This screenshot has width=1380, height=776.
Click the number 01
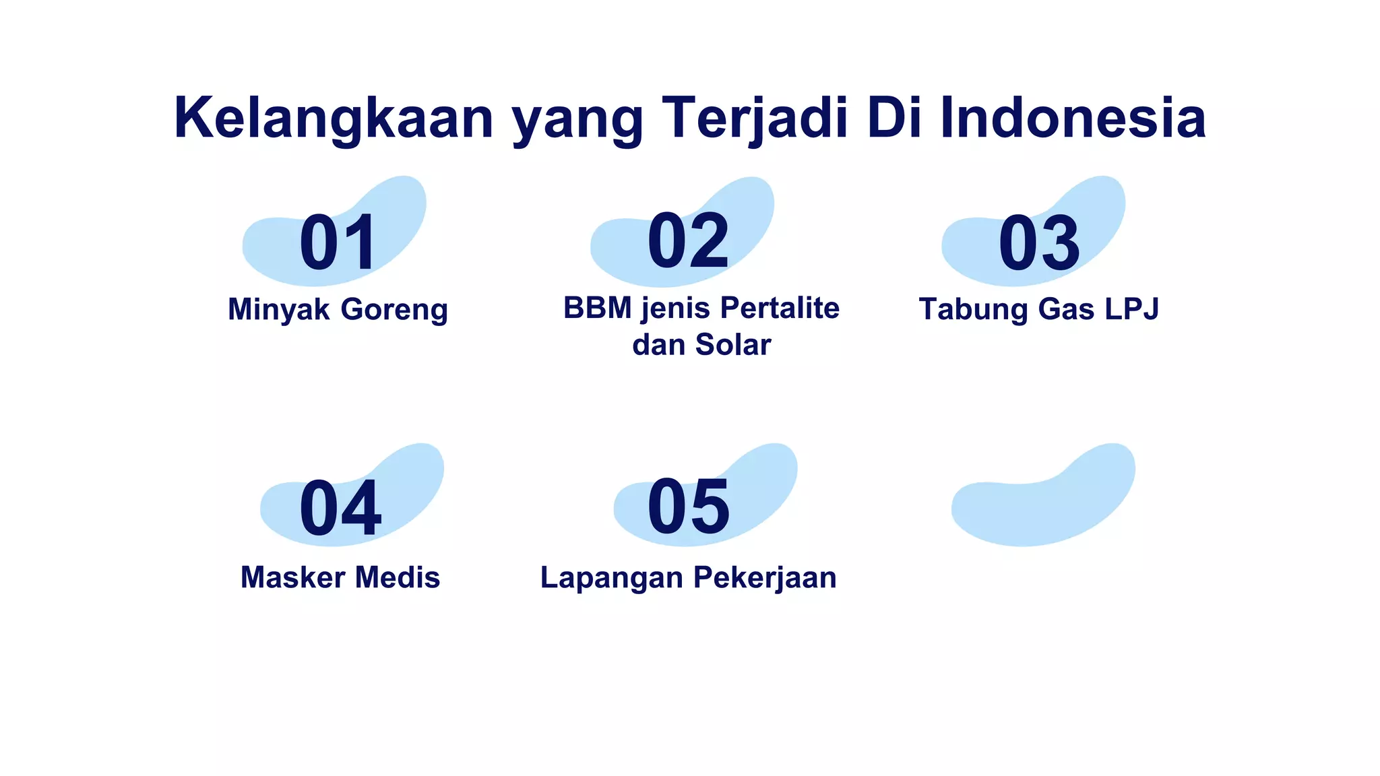click(338, 243)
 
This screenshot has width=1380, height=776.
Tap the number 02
click(688, 240)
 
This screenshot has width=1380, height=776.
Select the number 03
click(1039, 243)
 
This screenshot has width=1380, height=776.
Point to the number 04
click(340, 509)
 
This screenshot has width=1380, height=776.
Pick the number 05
click(688, 507)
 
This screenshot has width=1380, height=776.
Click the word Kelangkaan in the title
click(334, 119)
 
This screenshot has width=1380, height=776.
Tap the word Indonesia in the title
click(1072, 119)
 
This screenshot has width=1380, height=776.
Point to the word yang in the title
click(577, 121)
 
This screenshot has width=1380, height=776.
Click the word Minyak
click(279, 310)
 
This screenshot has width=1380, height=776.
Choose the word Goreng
click(394, 311)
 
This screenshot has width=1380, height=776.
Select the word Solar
click(733, 345)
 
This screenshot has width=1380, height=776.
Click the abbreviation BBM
click(598, 309)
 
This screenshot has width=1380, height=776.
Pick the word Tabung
click(974, 310)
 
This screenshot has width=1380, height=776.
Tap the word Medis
click(398, 578)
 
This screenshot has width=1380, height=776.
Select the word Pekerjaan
click(765, 578)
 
